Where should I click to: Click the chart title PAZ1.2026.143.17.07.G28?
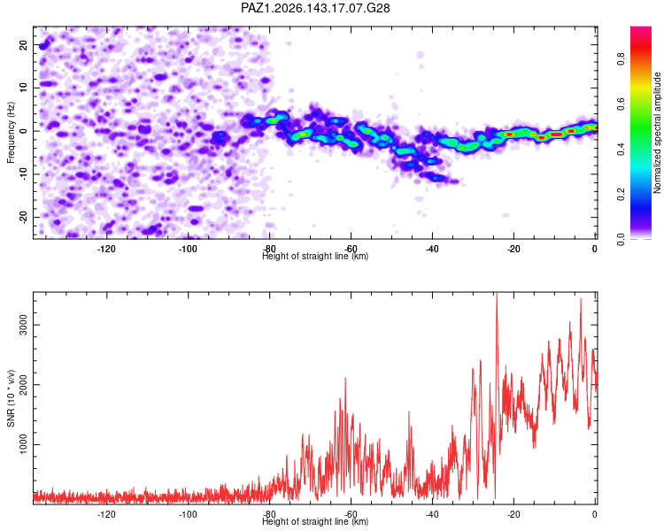point(315,8)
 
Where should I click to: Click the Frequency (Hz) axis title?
point(11,133)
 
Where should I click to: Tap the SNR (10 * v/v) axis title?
point(11,398)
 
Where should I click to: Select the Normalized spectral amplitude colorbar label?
point(657,133)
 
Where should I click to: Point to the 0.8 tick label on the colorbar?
point(621,59)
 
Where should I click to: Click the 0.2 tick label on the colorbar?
point(621,194)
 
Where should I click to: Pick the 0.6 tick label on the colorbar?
point(621,104)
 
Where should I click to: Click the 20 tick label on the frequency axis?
point(24,44)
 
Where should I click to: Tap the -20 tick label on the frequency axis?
point(24,218)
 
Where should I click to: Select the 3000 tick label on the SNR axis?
point(24,325)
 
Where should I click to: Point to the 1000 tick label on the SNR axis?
point(24,444)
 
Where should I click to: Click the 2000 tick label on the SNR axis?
point(24,385)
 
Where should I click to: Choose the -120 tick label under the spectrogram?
point(106,249)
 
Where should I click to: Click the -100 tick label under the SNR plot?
point(188,514)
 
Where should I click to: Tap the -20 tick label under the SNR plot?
point(513,514)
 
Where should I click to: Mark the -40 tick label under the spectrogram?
point(432,249)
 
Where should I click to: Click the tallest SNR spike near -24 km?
point(497,294)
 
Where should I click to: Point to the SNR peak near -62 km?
point(345,378)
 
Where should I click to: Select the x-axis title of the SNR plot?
point(315,521)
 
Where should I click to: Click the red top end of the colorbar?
point(641,28)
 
